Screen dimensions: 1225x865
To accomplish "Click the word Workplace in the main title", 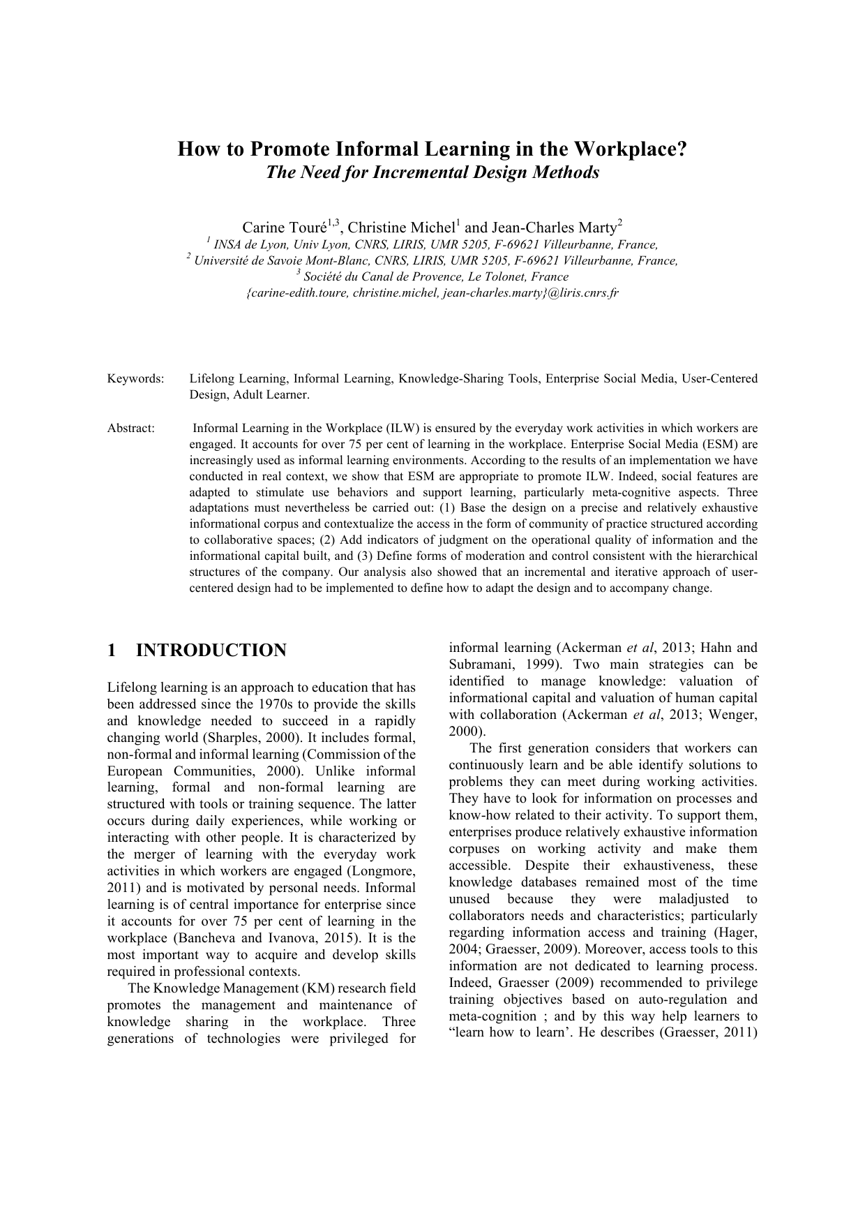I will pos(631,149).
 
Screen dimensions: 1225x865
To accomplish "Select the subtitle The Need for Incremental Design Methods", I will pos(433,172).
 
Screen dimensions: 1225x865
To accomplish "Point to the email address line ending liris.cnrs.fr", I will pos(433,293).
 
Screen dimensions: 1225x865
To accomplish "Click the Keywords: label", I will pos(135,379).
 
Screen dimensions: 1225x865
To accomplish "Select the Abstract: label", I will pos(130,429).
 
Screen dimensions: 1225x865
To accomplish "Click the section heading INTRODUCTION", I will pos(211,651).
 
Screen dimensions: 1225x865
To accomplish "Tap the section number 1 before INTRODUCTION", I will pos(112,651).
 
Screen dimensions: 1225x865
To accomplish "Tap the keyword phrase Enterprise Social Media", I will pos(610,379).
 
